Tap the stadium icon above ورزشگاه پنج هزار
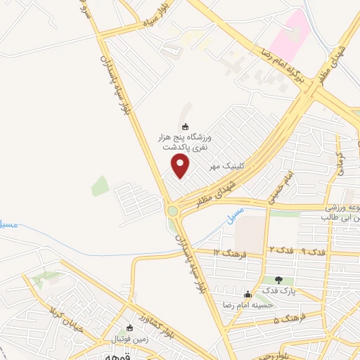185,127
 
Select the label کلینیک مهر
224,166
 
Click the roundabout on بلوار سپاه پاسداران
172,210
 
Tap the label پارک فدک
278,290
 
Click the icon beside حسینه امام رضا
247,294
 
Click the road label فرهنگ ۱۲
230,252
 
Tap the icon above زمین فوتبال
129,328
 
